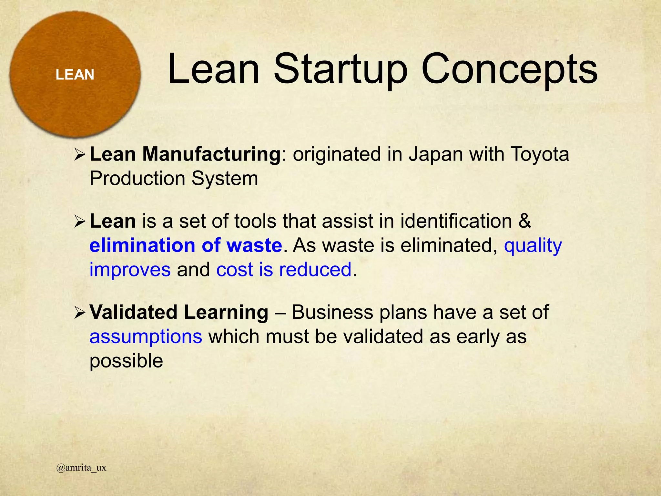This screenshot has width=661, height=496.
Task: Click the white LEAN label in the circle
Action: pyautogui.click(x=75, y=75)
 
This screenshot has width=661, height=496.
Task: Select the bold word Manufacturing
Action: pyautogui.click(x=212, y=154)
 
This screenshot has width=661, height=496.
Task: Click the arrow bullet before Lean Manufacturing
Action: pyautogui.click(x=79, y=154)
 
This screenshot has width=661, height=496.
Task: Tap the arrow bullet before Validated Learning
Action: pyautogui.click(x=79, y=313)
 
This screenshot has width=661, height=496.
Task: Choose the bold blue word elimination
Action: pyautogui.click(x=142, y=245)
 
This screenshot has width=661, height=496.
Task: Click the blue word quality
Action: pyautogui.click(x=533, y=245)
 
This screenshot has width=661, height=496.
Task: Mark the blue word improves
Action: pyautogui.click(x=130, y=270)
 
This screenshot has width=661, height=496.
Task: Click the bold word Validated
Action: pyautogui.click(x=133, y=312)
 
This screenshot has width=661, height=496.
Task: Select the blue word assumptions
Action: pyautogui.click(x=146, y=336)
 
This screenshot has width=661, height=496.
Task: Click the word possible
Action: pyautogui.click(x=126, y=361)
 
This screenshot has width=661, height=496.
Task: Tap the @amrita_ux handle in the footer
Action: pyautogui.click(x=81, y=468)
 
